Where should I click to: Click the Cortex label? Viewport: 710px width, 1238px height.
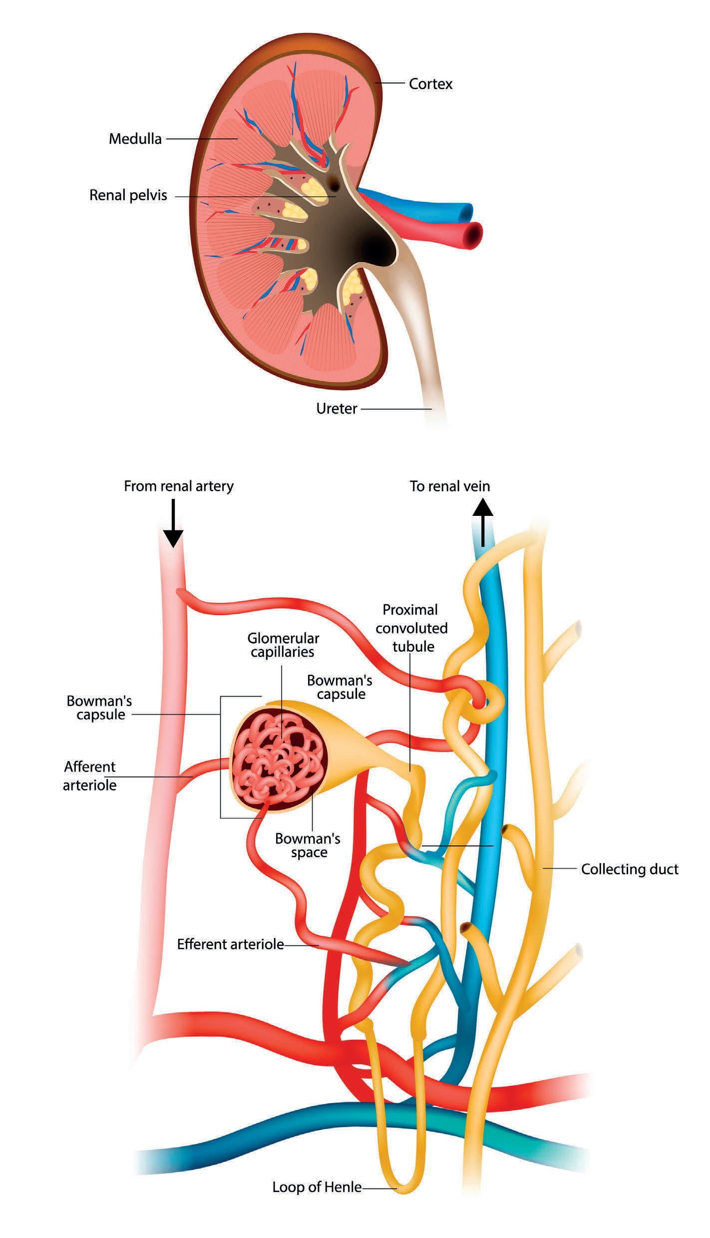pyautogui.click(x=430, y=84)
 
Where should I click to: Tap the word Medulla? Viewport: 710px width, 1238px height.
pyautogui.click(x=135, y=138)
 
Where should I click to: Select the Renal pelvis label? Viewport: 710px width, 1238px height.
pyautogui.click(x=128, y=195)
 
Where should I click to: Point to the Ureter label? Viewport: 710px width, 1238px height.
pyautogui.click(x=337, y=409)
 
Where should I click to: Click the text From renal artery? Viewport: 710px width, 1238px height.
pyautogui.click(x=178, y=486)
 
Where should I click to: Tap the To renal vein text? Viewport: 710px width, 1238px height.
pyautogui.click(x=449, y=486)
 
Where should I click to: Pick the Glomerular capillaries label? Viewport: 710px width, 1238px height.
pyautogui.click(x=283, y=645)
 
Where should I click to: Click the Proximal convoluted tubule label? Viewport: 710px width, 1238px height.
pyautogui.click(x=412, y=628)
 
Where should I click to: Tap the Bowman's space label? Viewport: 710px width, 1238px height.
pyautogui.click(x=308, y=845)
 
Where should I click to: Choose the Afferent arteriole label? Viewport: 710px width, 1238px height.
pyautogui.click(x=90, y=776)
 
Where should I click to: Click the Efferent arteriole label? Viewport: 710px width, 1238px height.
pyautogui.click(x=230, y=944)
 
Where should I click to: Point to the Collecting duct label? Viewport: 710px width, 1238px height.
pyautogui.click(x=630, y=869)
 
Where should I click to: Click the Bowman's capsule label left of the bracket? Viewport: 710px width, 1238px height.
pyautogui.click(x=99, y=707)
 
